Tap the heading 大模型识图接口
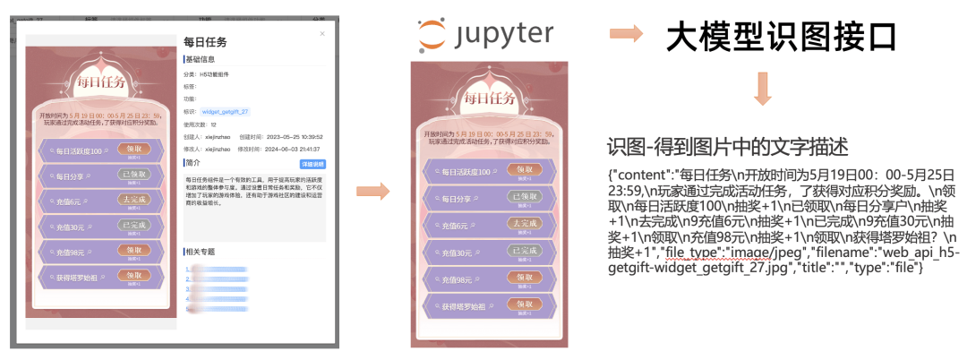coord(782,38)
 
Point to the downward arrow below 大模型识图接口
coord(764,90)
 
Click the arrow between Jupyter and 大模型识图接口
coord(627,35)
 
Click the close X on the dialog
coord(322,34)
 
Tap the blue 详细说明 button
coord(312,164)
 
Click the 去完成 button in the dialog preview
coord(133,200)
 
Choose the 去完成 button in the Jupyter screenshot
coord(524,222)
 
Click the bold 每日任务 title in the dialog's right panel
coord(205,41)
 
